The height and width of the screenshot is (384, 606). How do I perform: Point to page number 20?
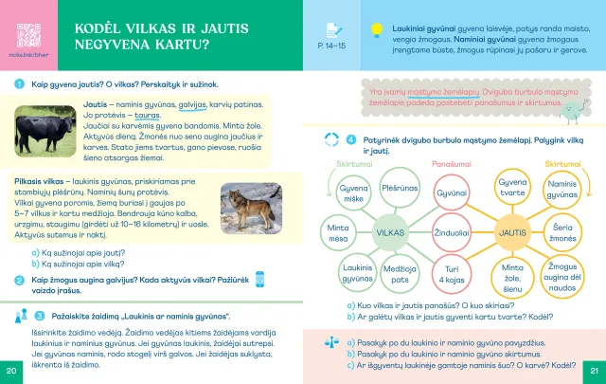11,369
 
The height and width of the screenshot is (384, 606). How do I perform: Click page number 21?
594,369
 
